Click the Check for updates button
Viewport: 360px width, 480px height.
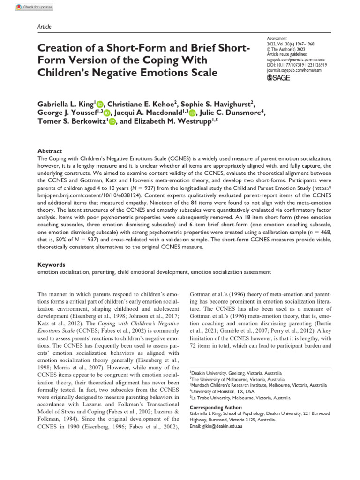pos(34,7)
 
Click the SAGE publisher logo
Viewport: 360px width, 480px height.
pos(278,78)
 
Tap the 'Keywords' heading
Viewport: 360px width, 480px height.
pos(51,264)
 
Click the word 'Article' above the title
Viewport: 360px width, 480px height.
pos(44,27)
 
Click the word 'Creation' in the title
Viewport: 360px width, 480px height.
pos(60,49)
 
